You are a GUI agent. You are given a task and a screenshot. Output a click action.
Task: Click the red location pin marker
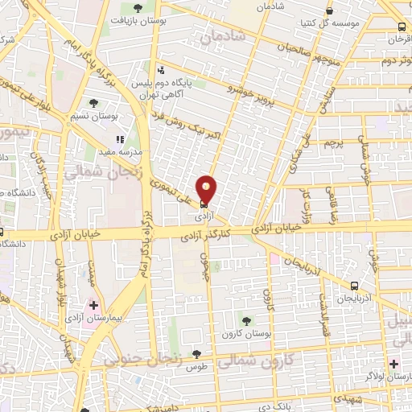coord(207,189)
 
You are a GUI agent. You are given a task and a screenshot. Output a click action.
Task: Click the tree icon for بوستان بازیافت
coord(138,8)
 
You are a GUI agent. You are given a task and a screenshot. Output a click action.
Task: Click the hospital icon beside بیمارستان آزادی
coord(94,305)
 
